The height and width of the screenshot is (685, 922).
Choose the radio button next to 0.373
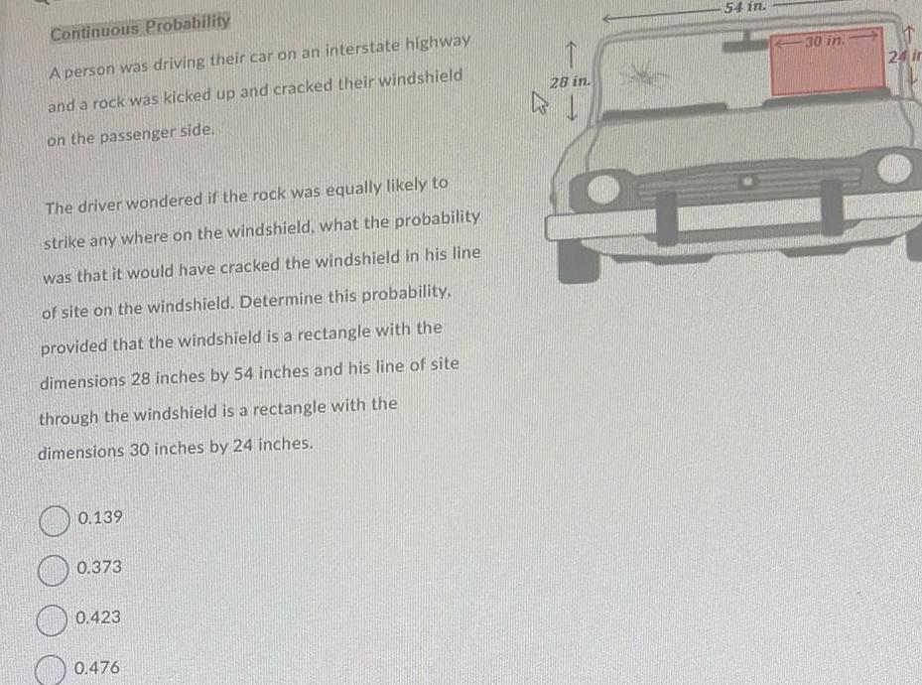[x=53, y=569]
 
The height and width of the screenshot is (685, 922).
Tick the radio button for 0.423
[x=52, y=618]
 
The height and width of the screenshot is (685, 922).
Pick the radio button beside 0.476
[x=51, y=668]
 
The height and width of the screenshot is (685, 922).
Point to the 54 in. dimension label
[x=744, y=7]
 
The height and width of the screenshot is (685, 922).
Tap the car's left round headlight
[x=603, y=189]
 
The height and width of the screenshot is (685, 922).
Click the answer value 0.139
[x=99, y=518]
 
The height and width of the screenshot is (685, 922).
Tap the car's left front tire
[x=578, y=259]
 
